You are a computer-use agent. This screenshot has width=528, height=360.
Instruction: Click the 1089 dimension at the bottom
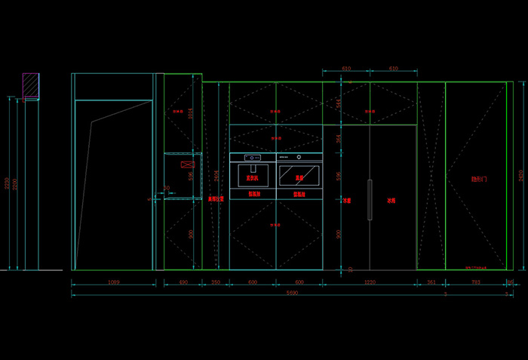click(x=114, y=282)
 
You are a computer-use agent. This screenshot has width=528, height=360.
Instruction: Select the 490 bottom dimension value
click(x=183, y=282)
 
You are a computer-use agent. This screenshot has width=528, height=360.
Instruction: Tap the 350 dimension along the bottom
click(x=216, y=282)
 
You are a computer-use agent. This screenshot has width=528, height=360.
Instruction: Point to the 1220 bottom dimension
click(x=370, y=282)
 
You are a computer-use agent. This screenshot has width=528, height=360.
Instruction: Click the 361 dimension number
click(x=431, y=282)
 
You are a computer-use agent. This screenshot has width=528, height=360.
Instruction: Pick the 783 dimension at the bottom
click(x=475, y=282)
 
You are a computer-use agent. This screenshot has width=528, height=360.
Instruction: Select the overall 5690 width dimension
click(x=291, y=294)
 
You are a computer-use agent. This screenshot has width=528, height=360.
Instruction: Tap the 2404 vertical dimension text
click(x=217, y=175)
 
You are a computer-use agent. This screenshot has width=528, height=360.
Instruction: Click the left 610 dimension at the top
click(x=346, y=69)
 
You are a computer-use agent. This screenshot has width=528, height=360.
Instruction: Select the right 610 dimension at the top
click(x=393, y=69)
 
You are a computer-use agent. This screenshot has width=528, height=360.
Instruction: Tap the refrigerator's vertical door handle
click(x=370, y=199)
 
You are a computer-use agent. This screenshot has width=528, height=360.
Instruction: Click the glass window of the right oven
click(x=299, y=175)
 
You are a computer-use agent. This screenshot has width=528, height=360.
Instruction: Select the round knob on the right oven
click(x=299, y=157)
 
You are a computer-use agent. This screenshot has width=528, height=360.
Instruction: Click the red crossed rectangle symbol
click(x=186, y=164)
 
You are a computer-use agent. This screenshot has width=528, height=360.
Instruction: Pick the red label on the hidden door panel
click(x=479, y=180)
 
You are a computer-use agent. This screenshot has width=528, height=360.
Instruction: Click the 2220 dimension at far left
click(x=7, y=183)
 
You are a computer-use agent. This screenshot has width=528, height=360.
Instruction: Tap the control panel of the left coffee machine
click(x=253, y=157)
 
